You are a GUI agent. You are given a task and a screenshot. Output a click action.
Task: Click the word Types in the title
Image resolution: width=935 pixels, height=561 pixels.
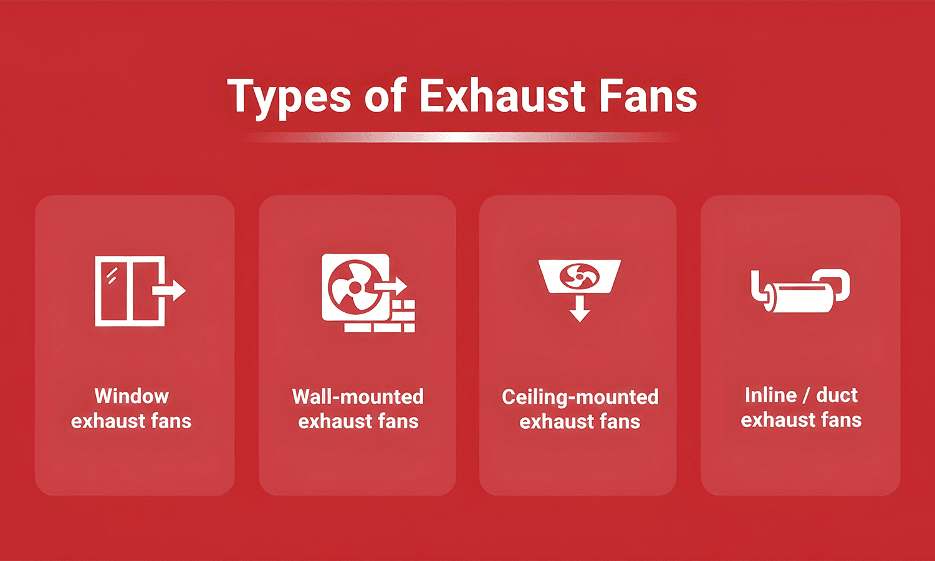click(289, 97)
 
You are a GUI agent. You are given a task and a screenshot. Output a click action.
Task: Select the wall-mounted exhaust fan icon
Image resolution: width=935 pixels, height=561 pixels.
click(368, 292)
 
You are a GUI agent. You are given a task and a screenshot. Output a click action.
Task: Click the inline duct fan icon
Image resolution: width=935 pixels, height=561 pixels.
click(800, 290)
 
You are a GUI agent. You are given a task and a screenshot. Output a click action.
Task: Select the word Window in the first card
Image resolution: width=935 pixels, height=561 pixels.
click(132, 396)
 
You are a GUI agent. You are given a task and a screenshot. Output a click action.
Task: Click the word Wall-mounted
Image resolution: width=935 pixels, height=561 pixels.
click(358, 396)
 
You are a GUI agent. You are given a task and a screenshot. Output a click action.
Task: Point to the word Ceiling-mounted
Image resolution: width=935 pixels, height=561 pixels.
click(580, 397)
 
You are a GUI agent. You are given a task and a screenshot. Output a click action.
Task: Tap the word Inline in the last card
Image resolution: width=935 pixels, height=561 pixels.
click(770, 395)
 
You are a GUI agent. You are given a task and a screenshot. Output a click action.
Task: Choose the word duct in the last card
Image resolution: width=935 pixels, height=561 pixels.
click(837, 395)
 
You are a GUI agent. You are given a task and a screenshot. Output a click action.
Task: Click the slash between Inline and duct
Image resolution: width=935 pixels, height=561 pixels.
click(806, 396)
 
